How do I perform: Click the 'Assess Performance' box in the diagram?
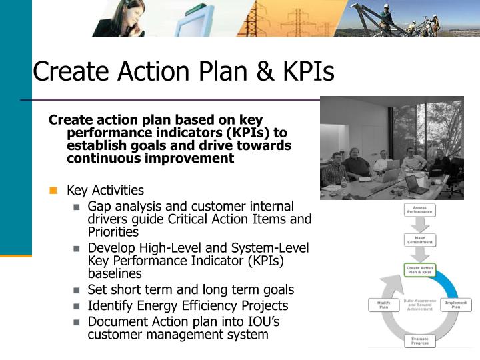pos(419,210)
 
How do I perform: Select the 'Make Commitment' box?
pos(419,239)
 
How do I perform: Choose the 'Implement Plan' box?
pos(456,305)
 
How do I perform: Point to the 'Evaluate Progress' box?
pos(419,341)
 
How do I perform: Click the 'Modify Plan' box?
pos(383,305)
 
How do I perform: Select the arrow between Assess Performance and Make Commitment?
pos(419,225)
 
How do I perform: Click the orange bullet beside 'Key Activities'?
pos(53,191)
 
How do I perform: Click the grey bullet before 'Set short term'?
pos(77,290)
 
